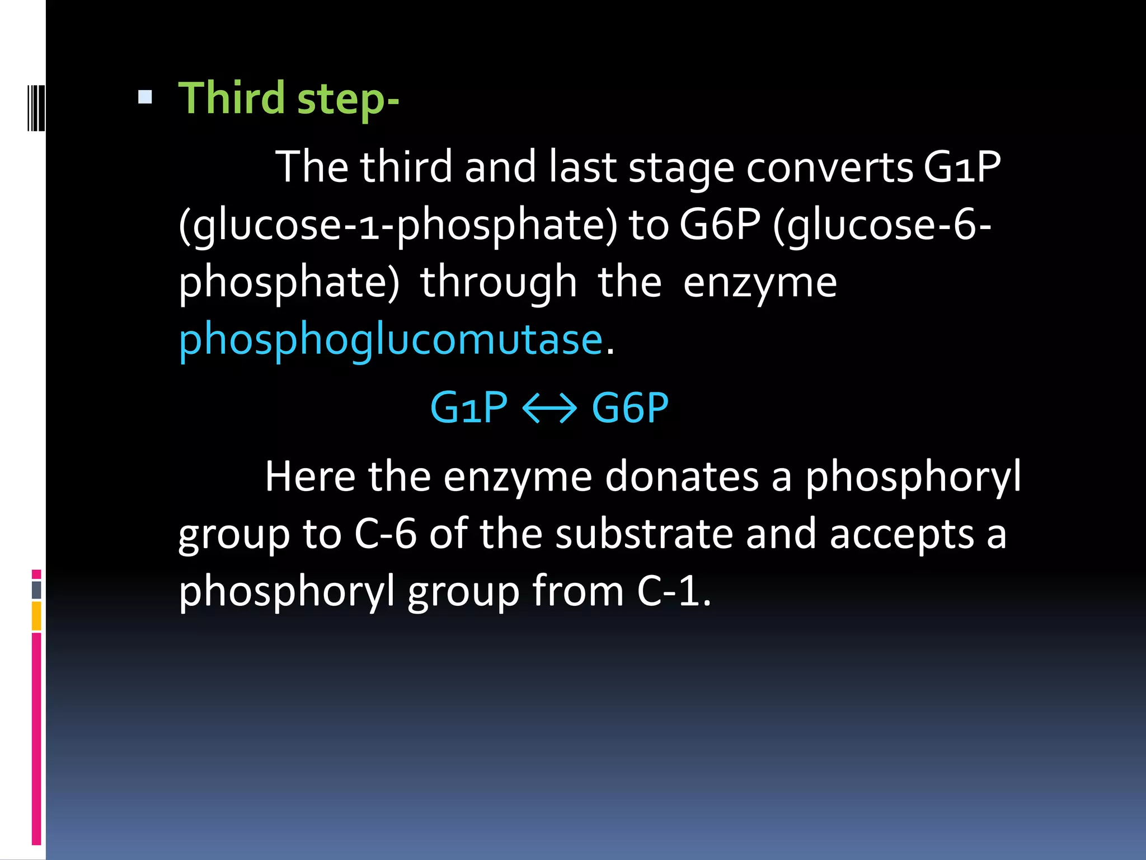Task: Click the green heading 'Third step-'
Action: point(288,99)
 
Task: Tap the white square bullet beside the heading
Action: point(145,98)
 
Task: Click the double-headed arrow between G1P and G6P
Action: point(549,408)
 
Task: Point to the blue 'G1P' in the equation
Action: point(469,408)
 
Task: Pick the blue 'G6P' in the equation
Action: point(630,408)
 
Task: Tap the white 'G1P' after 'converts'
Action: point(962,167)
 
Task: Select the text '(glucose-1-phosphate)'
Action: point(398,225)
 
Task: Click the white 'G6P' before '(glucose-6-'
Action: point(720,225)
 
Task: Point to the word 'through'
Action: point(498,282)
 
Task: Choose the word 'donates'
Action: point(682,477)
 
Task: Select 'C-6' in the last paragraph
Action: point(385,534)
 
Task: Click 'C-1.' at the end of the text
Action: point(674,591)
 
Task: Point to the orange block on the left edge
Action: point(36,616)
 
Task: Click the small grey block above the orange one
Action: point(36,590)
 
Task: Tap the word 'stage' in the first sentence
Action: point(681,167)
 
